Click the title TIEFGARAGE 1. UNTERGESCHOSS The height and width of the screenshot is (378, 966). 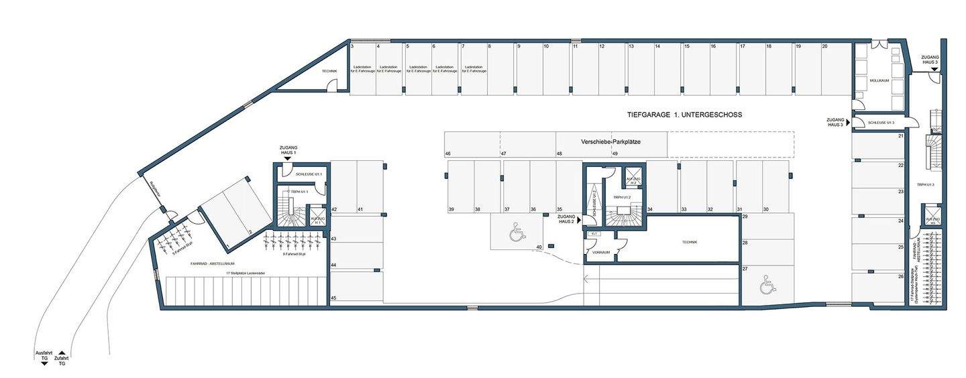pyautogui.click(x=684, y=115)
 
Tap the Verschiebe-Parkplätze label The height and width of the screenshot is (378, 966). pyautogui.click(x=610, y=142)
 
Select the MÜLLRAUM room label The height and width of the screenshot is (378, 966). pyautogui.click(x=879, y=80)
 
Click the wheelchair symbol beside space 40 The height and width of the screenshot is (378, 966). pyautogui.click(x=517, y=233)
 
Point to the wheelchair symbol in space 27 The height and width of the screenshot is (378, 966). pyautogui.click(x=767, y=287)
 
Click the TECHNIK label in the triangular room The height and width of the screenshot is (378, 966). pyautogui.click(x=329, y=71)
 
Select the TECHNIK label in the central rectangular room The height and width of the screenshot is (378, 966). pyautogui.click(x=689, y=242)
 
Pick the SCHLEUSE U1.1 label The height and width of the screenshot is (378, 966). pyautogui.click(x=309, y=174)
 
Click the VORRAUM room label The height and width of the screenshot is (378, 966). pyautogui.click(x=601, y=253)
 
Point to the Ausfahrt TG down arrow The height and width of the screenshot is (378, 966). pyautogui.click(x=44, y=363)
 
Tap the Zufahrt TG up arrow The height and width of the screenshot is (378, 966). pyautogui.click(x=61, y=353)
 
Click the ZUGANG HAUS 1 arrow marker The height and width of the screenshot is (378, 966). pyautogui.click(x=288, y=159)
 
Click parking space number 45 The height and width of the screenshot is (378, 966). pyautogui.click(x=333, y=298)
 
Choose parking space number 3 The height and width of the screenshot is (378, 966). pyautogui.click(x=352, y=46)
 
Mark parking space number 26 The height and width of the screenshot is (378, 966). pyautogui.click(x=901, y=276)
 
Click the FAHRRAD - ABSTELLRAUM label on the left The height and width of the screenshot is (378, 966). pyautogui.click(x=211, y=264)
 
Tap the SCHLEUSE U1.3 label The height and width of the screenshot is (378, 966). pyautogui.click(x=881, y=123)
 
